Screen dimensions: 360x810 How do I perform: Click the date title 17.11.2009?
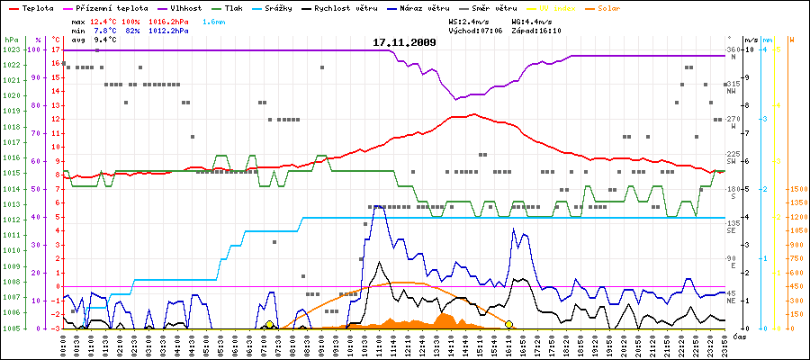404,41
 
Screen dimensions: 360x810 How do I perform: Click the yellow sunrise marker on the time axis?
269,324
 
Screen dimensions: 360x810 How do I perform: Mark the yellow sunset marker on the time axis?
509,324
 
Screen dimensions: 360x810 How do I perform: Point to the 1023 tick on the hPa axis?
11,50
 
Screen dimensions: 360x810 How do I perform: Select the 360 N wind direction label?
733,52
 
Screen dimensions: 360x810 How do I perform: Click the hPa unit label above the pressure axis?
11,40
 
